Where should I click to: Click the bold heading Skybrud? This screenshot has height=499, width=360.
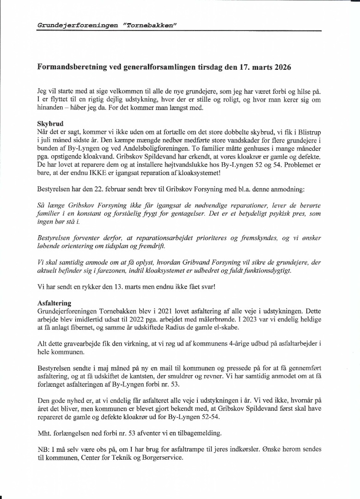point(50,124)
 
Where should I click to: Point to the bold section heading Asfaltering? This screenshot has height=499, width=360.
point(54,303)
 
